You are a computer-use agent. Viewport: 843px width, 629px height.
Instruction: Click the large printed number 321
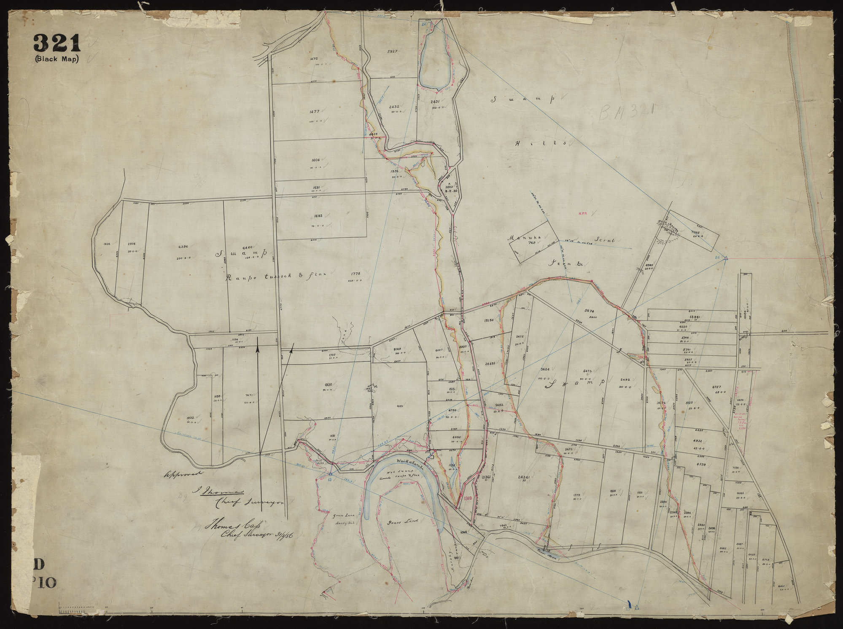click(x=57, y=43)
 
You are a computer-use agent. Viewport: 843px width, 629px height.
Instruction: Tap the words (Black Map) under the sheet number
click(x=57, y=59)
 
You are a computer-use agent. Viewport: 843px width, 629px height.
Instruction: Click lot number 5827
click(x=392, y=51)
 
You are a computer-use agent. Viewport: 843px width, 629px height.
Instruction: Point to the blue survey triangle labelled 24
click(x=725, y=258)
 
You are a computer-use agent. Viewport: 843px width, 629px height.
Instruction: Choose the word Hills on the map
click(x=540, y=143)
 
